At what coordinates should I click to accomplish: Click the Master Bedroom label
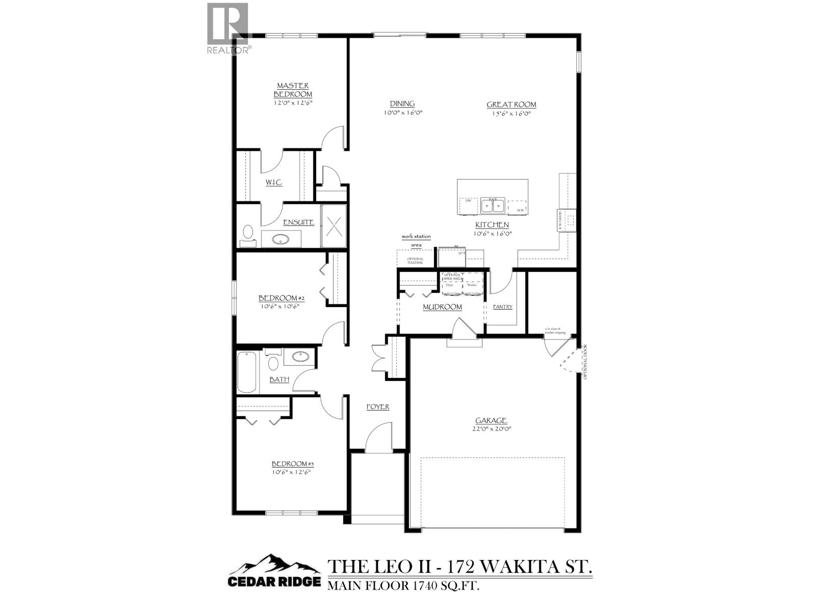click(x=293, y=90)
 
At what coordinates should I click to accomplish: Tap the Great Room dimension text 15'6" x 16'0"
click(x=511, y=113)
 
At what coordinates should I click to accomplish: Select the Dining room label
click(x=402, y=104)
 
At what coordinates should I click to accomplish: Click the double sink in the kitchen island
click(x=492, y=206)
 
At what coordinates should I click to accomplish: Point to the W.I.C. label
click(x=274, y=183)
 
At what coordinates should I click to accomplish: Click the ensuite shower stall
click(x=334, y=225)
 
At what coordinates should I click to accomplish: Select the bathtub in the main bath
click(x=247, y=372)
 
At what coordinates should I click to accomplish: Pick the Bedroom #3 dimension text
click(x=291, y=472)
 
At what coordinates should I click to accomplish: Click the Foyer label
click(x=378, y=406)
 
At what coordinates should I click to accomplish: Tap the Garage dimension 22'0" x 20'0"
click(x=491, y=429)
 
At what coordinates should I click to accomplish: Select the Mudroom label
click(x=442, y=307)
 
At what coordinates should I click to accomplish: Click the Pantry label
click(x=503, y=307)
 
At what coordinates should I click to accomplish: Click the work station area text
click(x=416, y=241)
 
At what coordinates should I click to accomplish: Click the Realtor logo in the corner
click(x=228, y=28)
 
